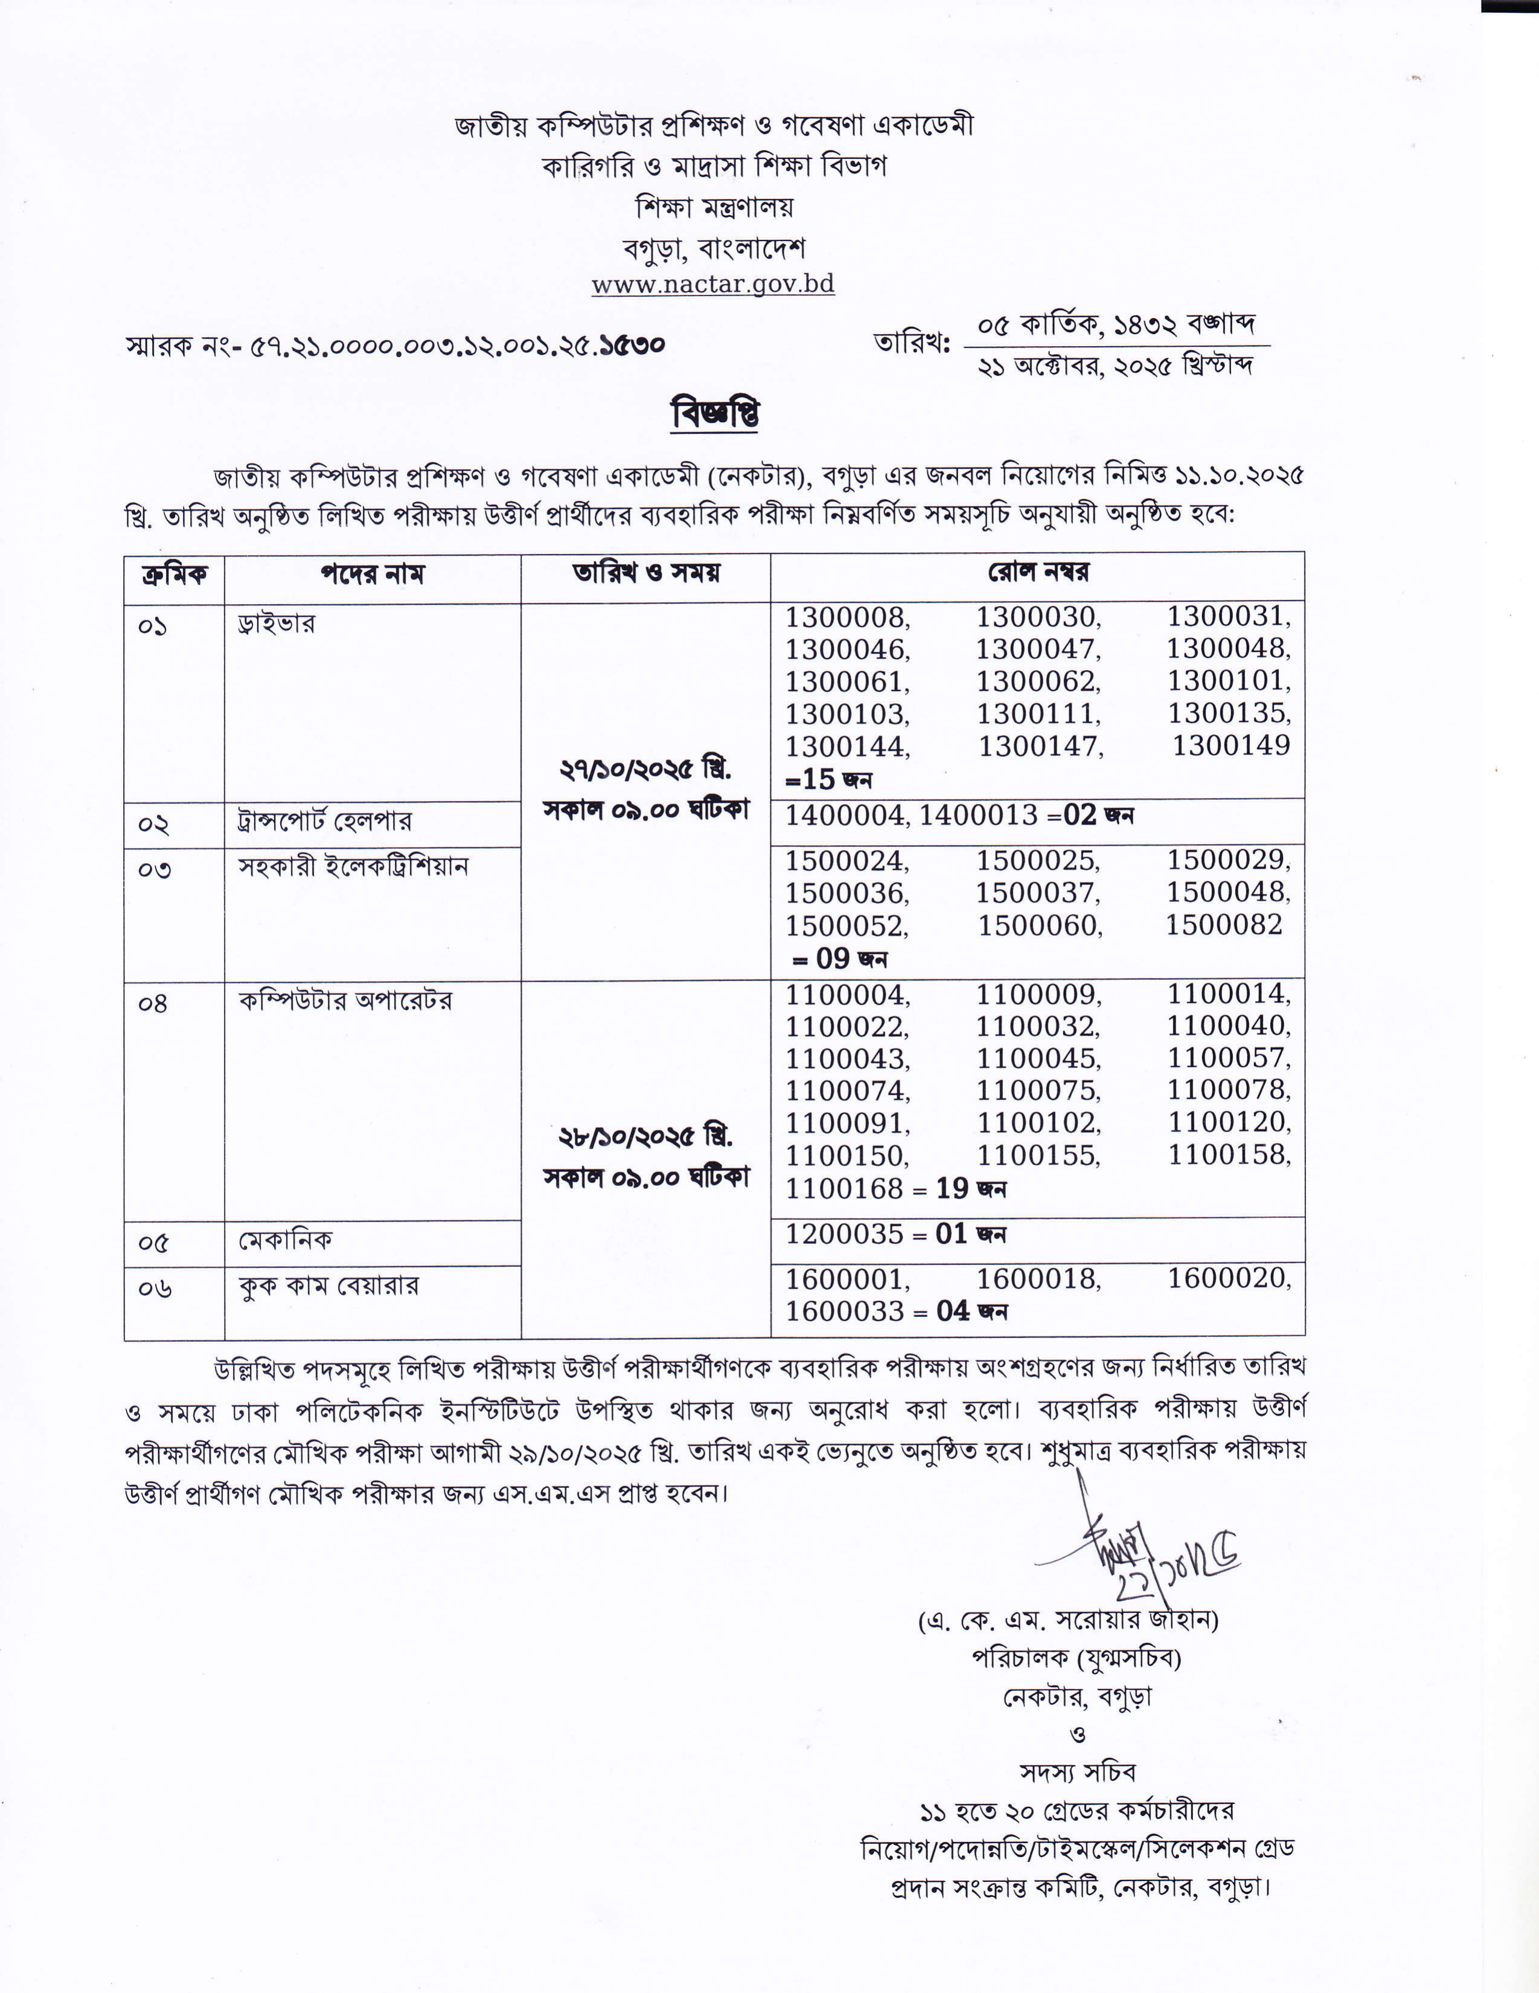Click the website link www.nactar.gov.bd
[712, 284]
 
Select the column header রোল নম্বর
[1037, 573]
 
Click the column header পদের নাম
[372, 575]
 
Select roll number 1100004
[846, 994]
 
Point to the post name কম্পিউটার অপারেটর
[345, 1001]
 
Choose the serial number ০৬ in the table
[153, 1289]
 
